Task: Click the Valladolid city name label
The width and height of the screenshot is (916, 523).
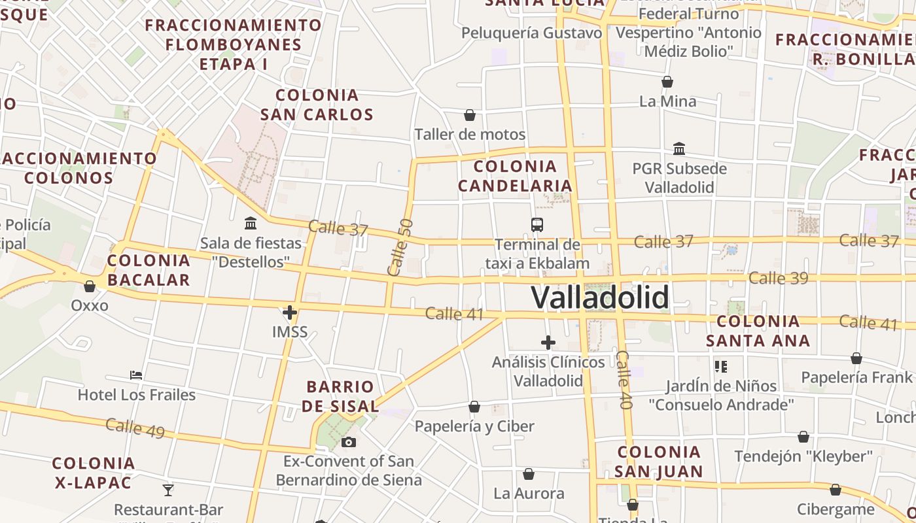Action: pyautogui.click(x=600, y=298)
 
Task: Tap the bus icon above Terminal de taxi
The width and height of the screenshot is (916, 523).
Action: pyautogui.click(x=537, y=225)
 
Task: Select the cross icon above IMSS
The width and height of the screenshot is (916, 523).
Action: pyautogui.click(x=290, y=312)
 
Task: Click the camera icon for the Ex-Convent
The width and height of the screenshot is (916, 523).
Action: pyautogui.click(x=349, y=442)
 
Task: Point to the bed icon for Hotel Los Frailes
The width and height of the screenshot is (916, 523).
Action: pyautogui.click(x=136, y=375)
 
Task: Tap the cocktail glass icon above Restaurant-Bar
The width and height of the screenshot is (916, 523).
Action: pyautogui.click(x=168, y=490)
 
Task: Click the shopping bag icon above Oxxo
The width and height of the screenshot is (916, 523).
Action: pyautogui.click(x=90, y=286)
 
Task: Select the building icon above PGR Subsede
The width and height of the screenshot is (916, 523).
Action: pyautogui.click(x=679, y=149)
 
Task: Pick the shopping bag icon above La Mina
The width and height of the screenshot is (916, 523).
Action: pyautogui.click(x=667, y=82)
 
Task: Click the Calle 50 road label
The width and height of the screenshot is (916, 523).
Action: pyautogui.click(x=400, y=247)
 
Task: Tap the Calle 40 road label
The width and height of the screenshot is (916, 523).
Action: pyautogui.click(x=624, y=380)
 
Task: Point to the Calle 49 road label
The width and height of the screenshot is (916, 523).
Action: pyautogui.click(x=135, y=428)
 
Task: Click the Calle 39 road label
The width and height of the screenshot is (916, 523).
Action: pyautogui.click(x=779, y=278)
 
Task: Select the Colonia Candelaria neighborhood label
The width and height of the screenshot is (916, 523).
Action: pyautogui.click(x=515, y=176)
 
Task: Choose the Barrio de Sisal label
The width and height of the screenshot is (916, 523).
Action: pyautogui.click(x=340, y=396)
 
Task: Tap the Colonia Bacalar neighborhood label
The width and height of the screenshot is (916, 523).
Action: pyautogui.click(x=149, y=270)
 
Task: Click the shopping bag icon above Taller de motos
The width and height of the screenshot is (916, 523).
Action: pyautogui.click(x=470, y=116)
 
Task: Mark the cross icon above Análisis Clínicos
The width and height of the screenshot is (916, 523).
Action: pyautogui.click(x=548, y=342)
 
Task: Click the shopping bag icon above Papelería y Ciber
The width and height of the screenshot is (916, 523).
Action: pyautogui.click(x=474, y=407)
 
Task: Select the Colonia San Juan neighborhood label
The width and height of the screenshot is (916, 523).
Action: pyautogui.click(x=659, y=462)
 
